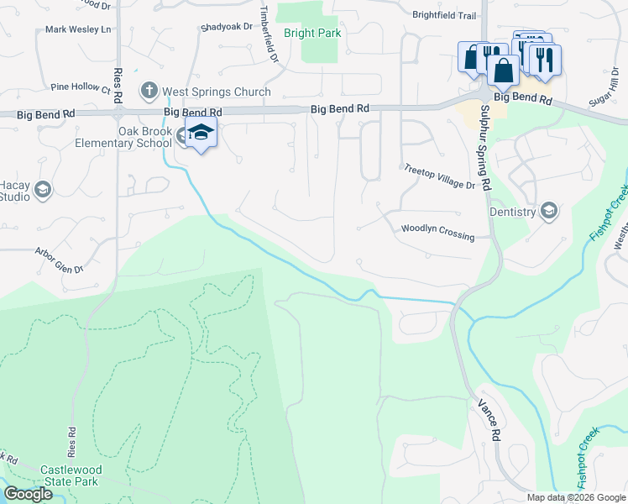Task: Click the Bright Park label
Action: point(311,34)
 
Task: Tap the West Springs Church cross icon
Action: point(149,90)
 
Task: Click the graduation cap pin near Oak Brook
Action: point(201,133)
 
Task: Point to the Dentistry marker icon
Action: point(549,210)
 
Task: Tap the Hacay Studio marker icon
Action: point(41,191)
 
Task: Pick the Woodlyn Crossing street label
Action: point(437,230)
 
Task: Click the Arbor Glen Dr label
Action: point(59,260)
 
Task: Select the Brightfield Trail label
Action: point(444,15)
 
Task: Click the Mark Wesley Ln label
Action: point(78,29)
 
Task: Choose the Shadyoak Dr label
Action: point(226,27)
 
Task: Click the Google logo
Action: point(28,494)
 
